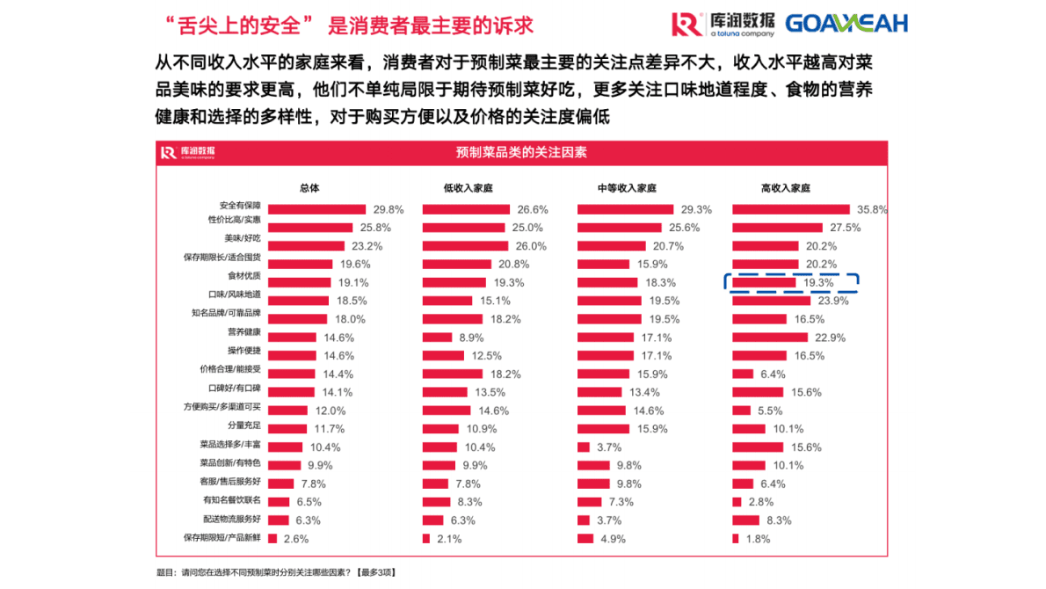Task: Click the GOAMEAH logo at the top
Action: [x=846, y=24]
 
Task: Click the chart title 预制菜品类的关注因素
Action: [x=521, y=152]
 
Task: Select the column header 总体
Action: [x=309, y=188]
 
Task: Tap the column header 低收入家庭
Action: [x=469, y=188]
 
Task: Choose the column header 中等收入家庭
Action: [x=627, y=188]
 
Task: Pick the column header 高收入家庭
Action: [x=785, y=188]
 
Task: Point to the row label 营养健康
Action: [x=243, y=332]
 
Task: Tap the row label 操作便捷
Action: [x=243, y=351]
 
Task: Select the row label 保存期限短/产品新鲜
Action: [x=222, y=536]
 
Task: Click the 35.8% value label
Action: [x=872, y=209]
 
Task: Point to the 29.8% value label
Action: [x=388, y=209]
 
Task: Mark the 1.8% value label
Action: [x=758, y=539]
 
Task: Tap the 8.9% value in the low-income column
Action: [x=467, y=338]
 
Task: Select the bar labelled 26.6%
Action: [x=466, y=209]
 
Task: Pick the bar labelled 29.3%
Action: [x=625, y=209]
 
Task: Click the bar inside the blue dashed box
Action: [x=763, y=282]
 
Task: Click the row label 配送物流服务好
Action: [x=231, y=519]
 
